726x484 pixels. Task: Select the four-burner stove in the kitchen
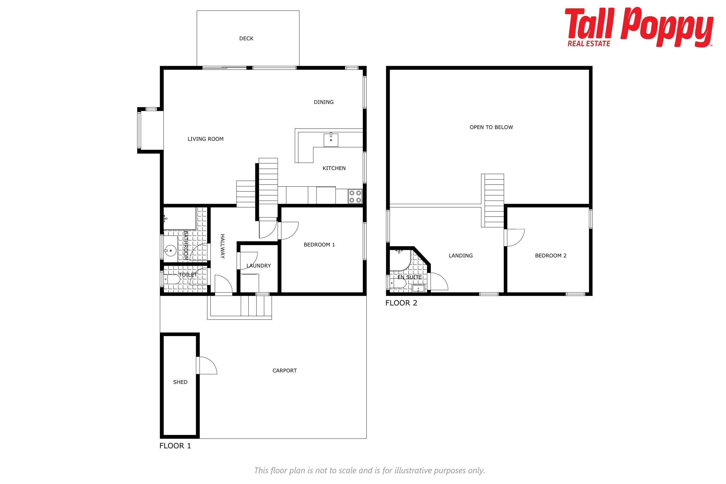pyautogui.click(x=355, y=196)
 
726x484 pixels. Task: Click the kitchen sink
pyautogui.click(x=331, y=140)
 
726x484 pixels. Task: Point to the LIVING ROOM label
pyautogui.click(x=206, y=139)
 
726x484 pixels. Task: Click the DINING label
pyautogui.click(x=323, y=102)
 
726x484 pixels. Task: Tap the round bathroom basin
pyautogui.click(x=170, y=250)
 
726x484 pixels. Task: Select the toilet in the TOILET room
pyautogui.click(x=172, y=280)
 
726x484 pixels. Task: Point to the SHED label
pyautogui.click(x=180, y=382)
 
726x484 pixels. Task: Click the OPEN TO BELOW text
pyautogui.click(x=491, y=127)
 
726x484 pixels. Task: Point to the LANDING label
pyautogui.click(x=461, y=256)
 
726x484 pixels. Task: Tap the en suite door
pyautogui.click(x=439, y=282)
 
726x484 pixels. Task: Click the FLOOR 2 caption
pyautogui.click(x=401, y=303)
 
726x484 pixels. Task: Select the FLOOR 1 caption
pyautogui.click(x=175, y=446)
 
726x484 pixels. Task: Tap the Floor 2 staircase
pyautogui.click(x=493, y=201)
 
